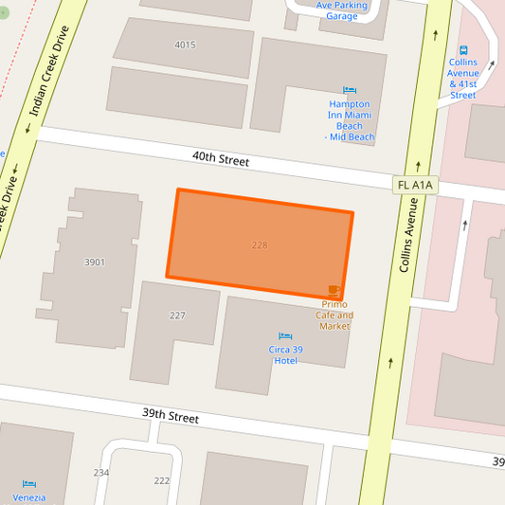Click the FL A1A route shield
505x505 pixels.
click(415, 185)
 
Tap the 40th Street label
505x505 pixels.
click(220, 160)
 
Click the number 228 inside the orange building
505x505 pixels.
click(260, 245)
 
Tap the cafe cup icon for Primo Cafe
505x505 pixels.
click(334, 289)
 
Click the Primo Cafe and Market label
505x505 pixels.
click(334, 315)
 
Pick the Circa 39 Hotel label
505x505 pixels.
click(283, 354)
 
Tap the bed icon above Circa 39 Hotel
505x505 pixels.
click(284, 335)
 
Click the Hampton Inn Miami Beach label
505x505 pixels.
click(350, 120)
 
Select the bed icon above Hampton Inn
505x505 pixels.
click(350, 90)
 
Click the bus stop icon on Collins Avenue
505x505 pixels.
click(463, 49)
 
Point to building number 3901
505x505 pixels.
click(95, 262)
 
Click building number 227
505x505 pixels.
click(177, 316)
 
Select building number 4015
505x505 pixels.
click(185, 45)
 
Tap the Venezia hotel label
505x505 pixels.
click(28, 497)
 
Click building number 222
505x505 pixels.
click(162, 480)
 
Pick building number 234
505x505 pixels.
click(101, 472)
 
